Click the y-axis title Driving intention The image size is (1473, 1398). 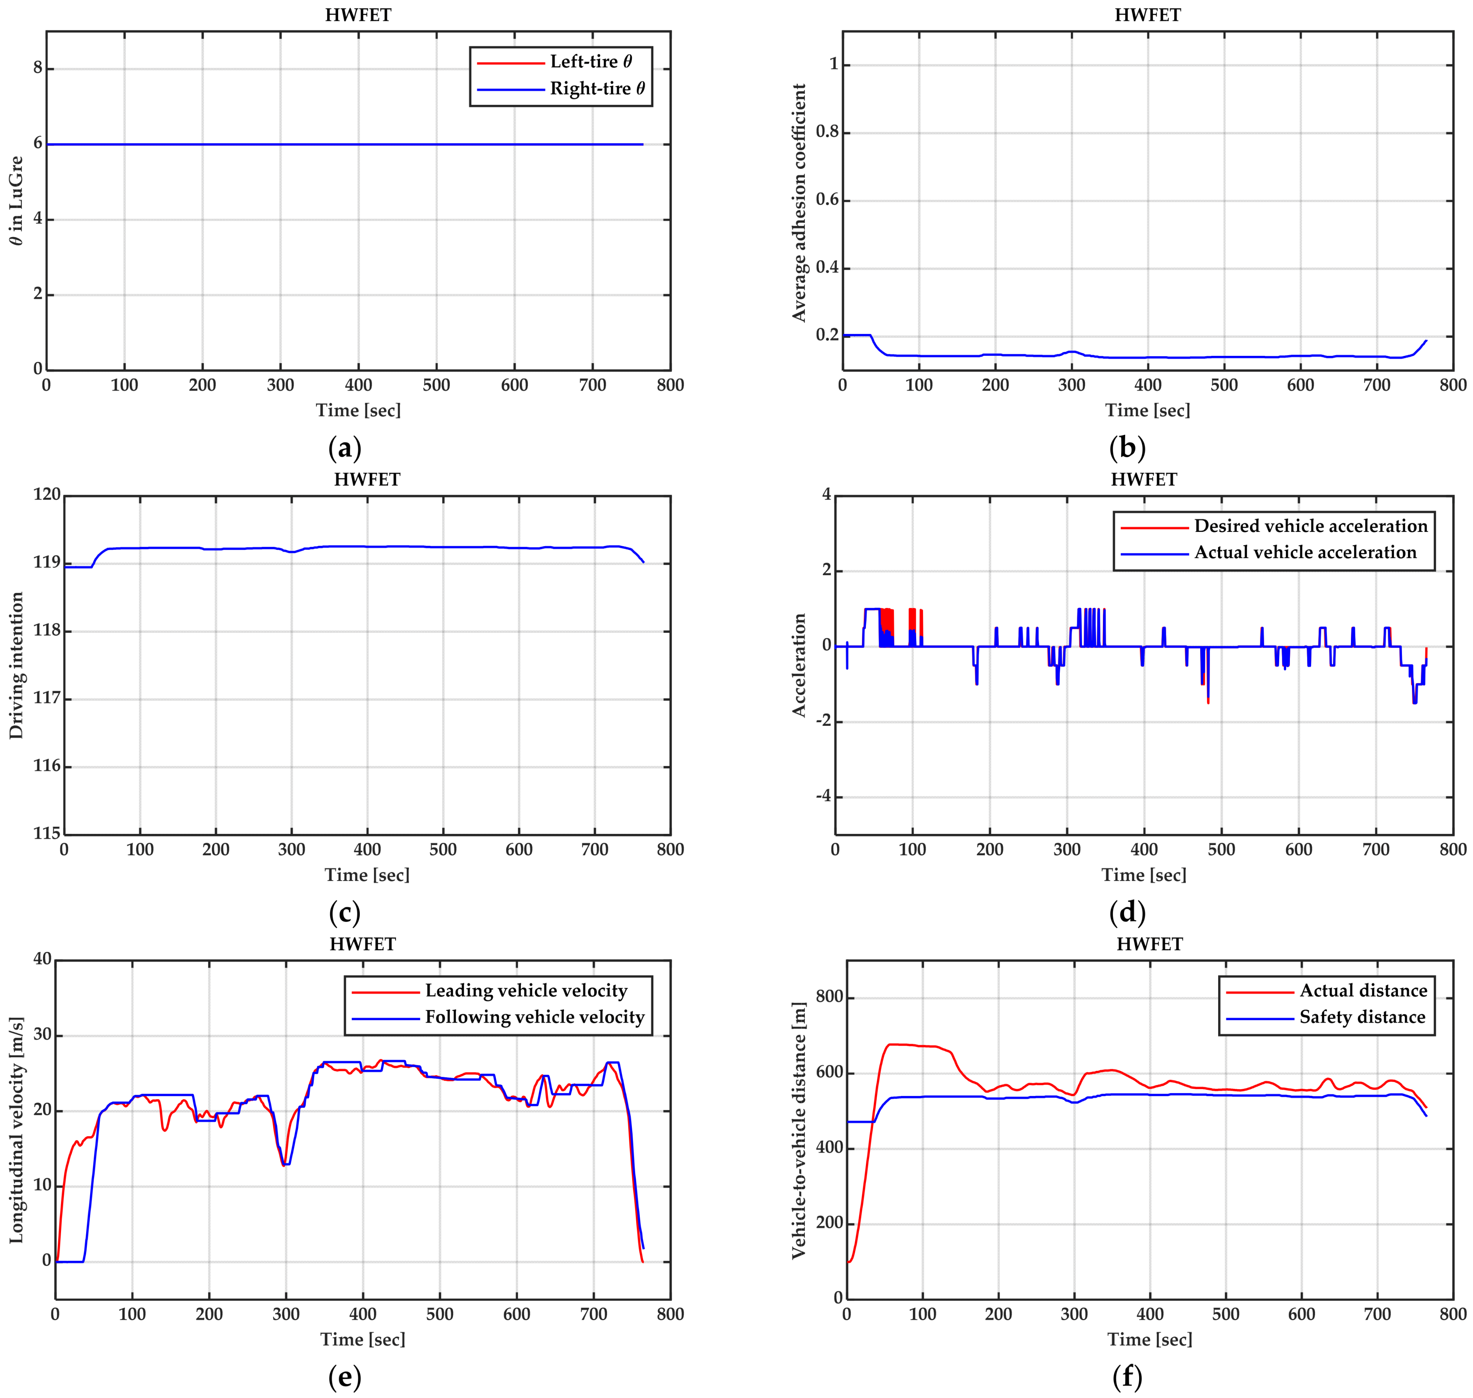tap(16, 665)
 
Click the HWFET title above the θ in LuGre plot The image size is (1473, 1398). tap(358, 15)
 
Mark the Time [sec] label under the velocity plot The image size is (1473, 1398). tap(363, 1340)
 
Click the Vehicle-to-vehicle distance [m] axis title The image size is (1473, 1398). tap(799, 1131)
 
